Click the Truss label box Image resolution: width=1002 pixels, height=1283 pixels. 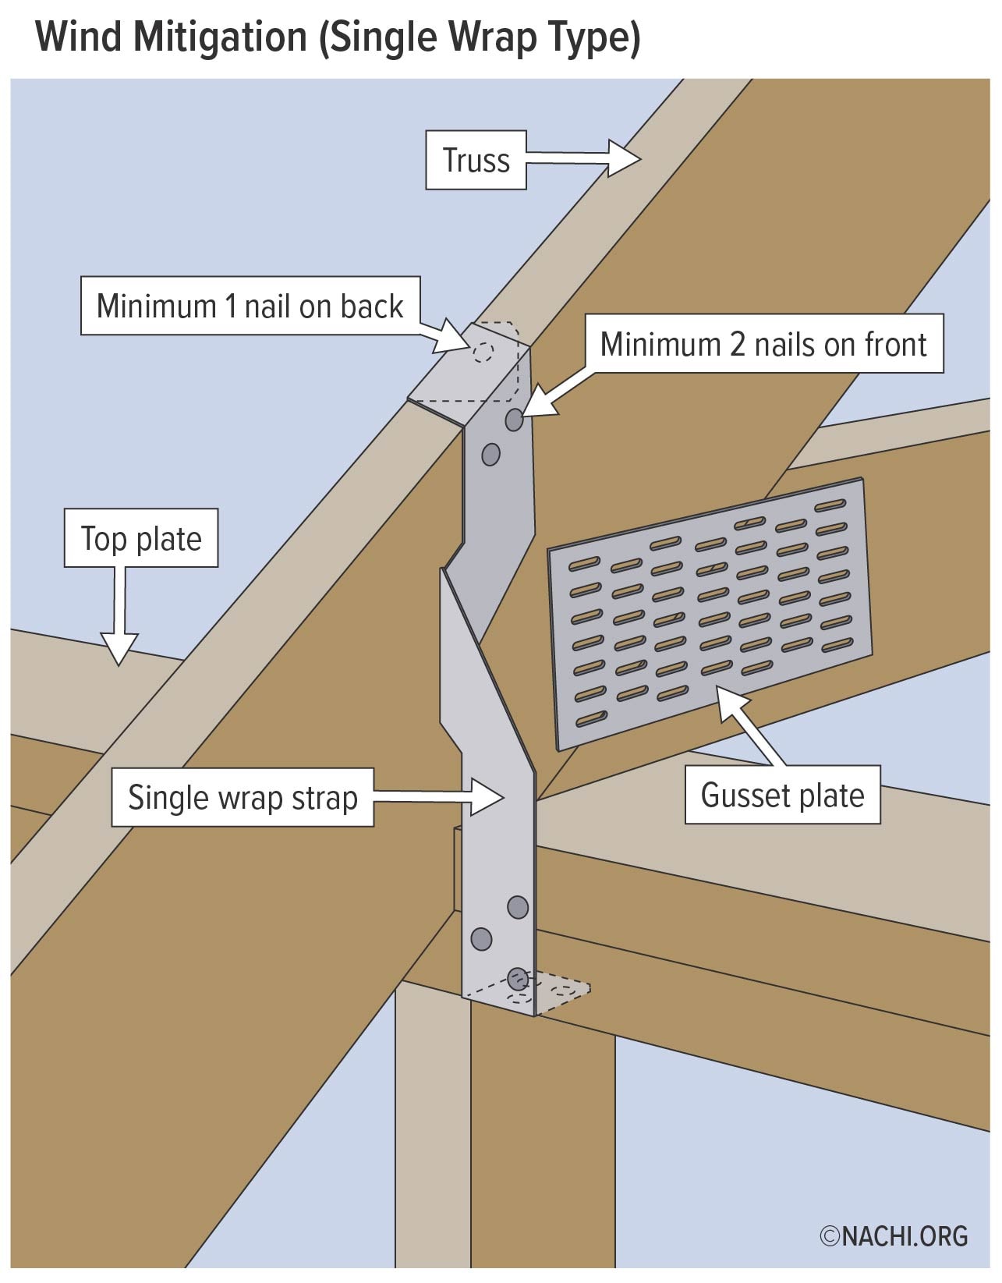476,161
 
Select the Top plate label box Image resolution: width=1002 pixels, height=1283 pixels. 141,539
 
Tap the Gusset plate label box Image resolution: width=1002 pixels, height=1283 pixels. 782,796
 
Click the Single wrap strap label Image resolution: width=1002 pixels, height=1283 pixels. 243,798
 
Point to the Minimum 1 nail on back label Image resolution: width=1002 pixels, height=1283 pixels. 250,307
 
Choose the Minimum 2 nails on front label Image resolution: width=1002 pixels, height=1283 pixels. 763,344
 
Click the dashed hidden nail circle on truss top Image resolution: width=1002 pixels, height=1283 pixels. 483,352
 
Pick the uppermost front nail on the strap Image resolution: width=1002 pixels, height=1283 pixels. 514,420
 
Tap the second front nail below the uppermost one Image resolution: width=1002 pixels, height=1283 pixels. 490,454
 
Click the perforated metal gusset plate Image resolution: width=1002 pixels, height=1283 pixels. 710,612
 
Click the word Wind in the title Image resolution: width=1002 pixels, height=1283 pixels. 81,37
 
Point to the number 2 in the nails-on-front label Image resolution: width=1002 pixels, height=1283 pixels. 738,344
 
